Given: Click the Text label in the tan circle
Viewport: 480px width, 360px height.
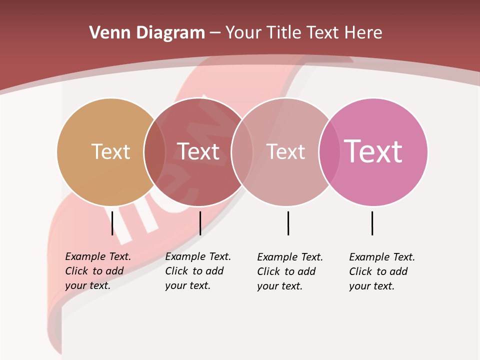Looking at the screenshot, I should (110, 151).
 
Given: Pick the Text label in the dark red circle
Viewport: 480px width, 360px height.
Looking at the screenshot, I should (198, 151).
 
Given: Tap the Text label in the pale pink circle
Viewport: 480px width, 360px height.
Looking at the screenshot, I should (285, 151).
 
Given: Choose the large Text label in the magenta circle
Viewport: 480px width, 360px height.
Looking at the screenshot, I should (373, 151).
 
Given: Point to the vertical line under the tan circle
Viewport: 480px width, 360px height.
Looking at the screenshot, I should (112, 223).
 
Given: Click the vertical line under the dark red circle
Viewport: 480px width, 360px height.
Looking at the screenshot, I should (200, 223).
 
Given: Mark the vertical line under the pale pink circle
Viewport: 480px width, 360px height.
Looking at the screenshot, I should (288, 223).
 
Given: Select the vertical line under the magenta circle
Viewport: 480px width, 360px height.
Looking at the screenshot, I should (372, 223).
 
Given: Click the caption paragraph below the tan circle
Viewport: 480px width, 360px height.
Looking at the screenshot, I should (98, 271).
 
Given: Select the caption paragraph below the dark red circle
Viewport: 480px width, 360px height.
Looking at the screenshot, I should (198, 271).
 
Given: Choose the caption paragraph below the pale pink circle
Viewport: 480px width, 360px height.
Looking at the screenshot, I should (290, 271).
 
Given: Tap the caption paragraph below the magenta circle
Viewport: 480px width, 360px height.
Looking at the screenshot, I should (382, 271).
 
